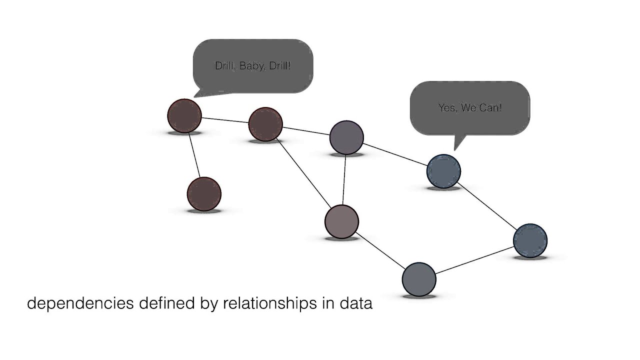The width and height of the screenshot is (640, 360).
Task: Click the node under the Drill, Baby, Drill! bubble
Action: [x=184, y=115]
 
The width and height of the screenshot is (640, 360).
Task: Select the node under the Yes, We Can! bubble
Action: [x=443, y=171]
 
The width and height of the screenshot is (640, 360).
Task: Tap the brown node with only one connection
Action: [x=204, y=193]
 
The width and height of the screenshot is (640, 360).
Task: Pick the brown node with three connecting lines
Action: [x=265, y=124]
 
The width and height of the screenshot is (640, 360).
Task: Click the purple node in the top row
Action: [x=346, y=137]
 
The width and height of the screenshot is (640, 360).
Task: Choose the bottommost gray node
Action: [x=419, y=279]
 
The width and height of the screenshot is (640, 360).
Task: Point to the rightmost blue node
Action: [x=530, y=240]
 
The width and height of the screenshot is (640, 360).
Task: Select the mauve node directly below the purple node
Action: [x=341, y=221]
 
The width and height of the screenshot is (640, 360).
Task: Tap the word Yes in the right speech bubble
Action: [x=447, y=107]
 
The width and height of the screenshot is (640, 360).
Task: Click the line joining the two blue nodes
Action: [x=486, y=205]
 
